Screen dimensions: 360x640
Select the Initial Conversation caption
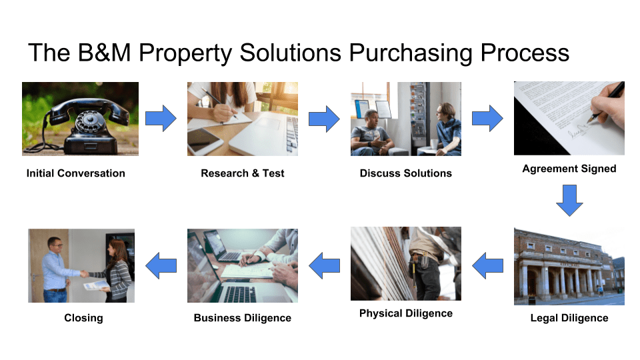point(76,173)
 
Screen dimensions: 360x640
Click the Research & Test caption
point(243,173)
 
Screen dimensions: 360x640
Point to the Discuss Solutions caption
point(406,173)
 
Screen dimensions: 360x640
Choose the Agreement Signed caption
point(569,169)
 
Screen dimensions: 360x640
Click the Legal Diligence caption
point(569,318)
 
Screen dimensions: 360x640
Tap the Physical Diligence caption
point(406,313)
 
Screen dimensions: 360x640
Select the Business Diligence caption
point(243,318)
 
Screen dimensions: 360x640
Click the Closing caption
point(83,318)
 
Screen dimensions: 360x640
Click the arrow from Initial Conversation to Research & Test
point(161,119)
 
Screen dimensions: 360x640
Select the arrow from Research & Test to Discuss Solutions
point(324,119)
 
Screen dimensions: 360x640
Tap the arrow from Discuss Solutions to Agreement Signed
point(487,119)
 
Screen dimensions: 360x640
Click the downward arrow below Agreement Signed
point(570,201)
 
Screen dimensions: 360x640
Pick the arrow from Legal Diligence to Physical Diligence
point(487,265)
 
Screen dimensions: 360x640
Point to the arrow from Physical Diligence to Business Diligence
point(324,265)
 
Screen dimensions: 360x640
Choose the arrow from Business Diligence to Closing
point(161,265)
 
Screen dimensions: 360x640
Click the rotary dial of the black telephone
point(89,121)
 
